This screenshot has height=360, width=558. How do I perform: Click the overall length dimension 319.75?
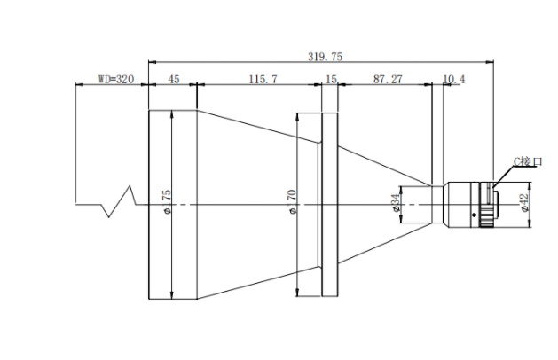324,56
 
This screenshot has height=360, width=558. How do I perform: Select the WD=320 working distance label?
115,79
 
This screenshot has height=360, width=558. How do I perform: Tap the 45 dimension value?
173,79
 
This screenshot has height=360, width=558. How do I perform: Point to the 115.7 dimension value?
263,79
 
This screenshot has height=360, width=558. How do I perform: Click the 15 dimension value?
331,79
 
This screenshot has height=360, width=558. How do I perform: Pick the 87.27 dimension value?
388,79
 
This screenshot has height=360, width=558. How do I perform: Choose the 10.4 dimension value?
452,80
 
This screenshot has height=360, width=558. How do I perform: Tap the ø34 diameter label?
394,205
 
